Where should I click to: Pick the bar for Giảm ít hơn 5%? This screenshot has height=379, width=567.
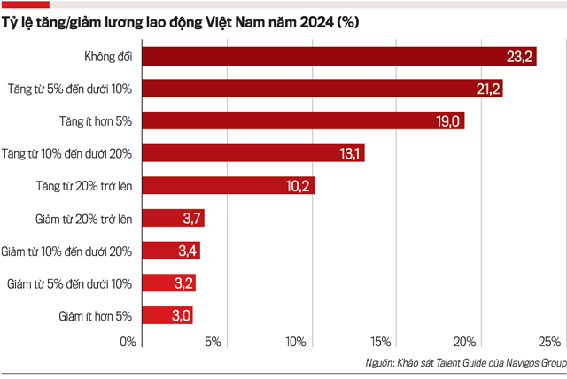[167, 315]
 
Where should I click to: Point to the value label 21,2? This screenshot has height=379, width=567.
[485, 89]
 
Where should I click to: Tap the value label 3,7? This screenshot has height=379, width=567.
[193, 218]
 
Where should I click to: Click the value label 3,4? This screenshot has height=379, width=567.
[187, 251]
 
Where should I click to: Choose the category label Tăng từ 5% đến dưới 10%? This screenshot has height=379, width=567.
[70, 89]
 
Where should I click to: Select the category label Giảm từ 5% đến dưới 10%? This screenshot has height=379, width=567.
[69, 283]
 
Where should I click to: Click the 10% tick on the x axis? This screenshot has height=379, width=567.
[296, 342]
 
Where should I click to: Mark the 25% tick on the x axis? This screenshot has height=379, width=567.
[549, 342]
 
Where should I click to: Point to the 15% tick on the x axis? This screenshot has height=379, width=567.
[381, 342]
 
